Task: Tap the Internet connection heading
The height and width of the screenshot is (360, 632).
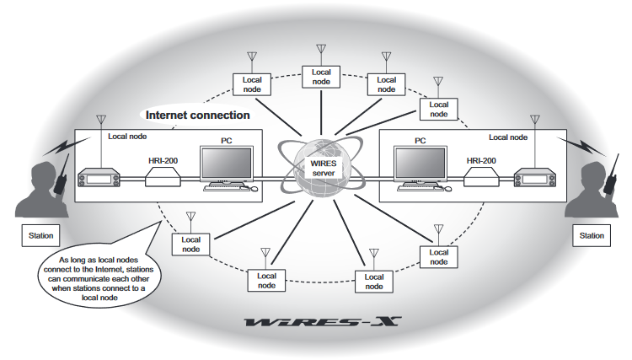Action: click(x=198, y=115)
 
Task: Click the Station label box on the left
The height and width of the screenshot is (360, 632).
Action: click(x=38, y=235)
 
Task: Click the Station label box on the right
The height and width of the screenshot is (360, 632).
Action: click(x=592, y=235)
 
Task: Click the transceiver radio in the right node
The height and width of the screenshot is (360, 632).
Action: click(x=536, y=179)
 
